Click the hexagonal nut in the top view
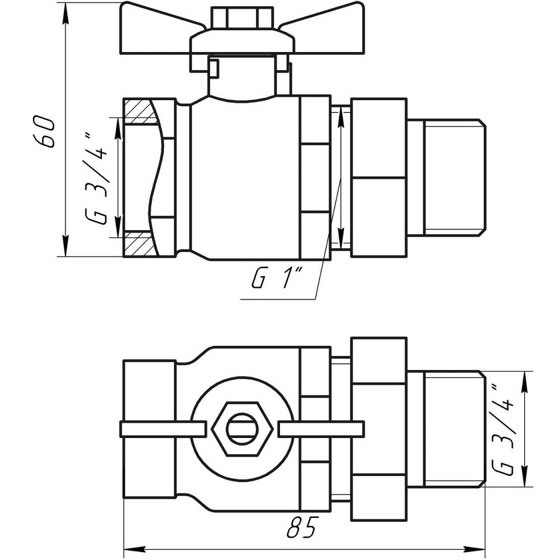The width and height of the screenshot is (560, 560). pos(242,428)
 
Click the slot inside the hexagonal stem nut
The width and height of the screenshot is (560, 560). pos(242,429)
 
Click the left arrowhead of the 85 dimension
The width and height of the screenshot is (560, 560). pos(130,547)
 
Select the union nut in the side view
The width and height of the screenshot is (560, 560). pos(379,178)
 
